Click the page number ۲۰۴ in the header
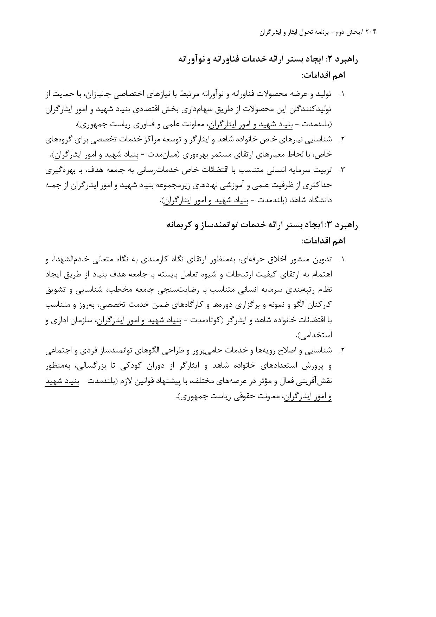371,32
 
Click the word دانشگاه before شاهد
318,200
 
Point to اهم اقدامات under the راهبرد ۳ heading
323,241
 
